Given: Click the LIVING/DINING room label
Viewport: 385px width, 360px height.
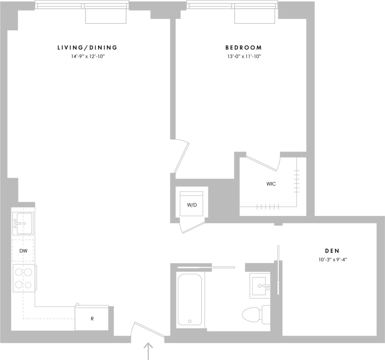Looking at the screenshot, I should click(87, 48).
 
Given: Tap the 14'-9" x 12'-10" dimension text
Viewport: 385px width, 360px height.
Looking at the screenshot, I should click(87, 56).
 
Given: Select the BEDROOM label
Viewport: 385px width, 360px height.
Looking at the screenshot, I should click(244, 48).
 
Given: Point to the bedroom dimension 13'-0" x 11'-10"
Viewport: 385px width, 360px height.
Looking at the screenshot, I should click(244, 56).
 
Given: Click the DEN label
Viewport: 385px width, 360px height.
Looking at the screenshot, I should click(332, 251).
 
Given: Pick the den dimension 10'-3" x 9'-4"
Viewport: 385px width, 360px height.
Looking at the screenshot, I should click(332, 260).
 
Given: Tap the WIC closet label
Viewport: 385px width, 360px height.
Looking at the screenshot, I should click(271, 184).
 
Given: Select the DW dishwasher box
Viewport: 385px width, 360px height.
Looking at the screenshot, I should click(23, 251).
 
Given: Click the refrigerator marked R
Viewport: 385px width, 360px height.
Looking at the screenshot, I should click(92, 318).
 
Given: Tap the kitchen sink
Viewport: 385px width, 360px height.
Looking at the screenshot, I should click(23, 223).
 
